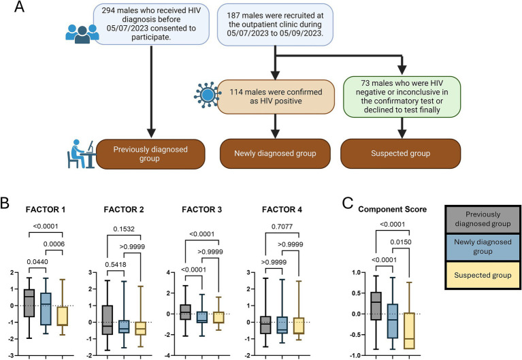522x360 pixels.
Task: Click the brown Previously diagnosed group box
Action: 150,153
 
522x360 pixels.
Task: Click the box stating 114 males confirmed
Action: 275,96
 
